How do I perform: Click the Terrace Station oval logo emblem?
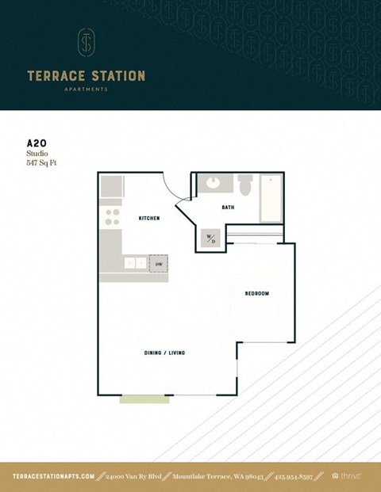pos(86,43)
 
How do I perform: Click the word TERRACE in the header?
pos(52,76)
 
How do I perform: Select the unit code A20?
pos(37,143)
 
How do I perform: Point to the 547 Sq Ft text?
pos(42,162)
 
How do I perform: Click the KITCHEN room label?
pos(149,218)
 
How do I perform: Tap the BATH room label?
pos(228,208)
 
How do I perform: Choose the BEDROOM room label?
pos(256,294)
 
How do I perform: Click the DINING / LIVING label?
pos(164,353)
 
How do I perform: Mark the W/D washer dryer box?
pos(211,238)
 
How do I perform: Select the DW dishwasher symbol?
pos(159,263)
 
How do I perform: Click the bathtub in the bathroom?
pos(271,197)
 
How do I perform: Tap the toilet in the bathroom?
pos(245,187)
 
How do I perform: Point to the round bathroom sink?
pos(213,185)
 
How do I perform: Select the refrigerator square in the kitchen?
pos(112,187)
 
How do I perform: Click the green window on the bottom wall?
pos(144,399)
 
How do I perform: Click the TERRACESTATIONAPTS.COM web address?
pos(54,476)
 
